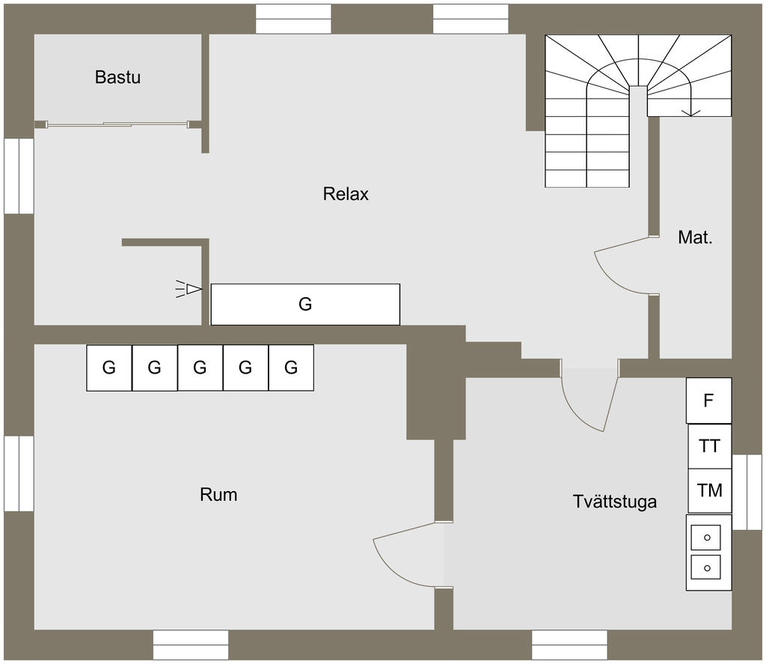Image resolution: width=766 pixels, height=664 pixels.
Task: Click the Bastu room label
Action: click(117, 77)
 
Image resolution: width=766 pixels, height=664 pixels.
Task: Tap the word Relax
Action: click(346, 194)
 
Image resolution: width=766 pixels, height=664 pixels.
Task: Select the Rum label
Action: click(218, 495)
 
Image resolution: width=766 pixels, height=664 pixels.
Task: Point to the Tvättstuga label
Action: click(615, 502)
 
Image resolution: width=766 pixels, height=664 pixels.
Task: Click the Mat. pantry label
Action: click(695, 237)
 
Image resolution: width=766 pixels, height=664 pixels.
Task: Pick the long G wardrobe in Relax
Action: click(305, 304)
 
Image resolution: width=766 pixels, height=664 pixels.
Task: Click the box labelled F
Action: click(709, 400)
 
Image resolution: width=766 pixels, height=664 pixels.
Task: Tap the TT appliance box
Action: click(710, 446)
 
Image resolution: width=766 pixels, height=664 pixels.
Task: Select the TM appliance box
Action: click(710, 490)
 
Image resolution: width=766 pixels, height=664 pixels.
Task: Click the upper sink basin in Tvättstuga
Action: click(706, 537)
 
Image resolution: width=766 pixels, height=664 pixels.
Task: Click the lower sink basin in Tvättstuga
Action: click(706, 567)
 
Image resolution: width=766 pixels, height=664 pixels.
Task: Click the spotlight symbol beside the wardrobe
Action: click(189, 289)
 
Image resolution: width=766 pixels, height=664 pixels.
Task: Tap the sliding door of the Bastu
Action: click(117, 125)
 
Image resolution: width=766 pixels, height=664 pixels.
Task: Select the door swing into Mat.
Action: click(622, 268)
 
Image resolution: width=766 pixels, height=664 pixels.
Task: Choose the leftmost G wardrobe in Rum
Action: click(109, 368)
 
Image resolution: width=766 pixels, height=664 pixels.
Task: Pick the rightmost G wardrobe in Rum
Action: click(291, 368)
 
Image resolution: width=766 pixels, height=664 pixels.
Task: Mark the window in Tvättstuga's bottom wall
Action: click(569, 645)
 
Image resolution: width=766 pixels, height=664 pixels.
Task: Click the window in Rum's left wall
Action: click(19, 474)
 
